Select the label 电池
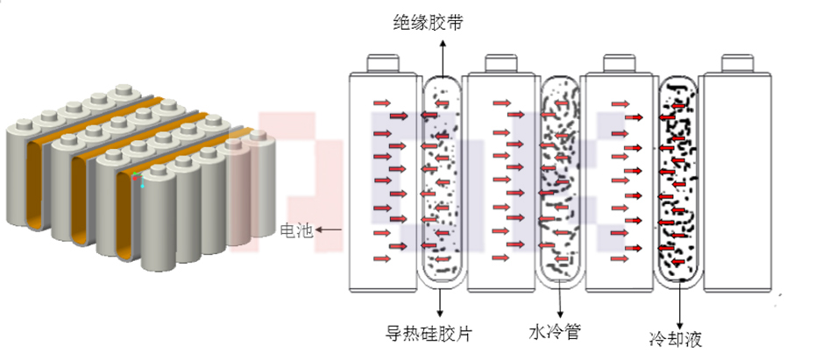point(295,230)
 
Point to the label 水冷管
point(555,332)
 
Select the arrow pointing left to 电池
point(330,230)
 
